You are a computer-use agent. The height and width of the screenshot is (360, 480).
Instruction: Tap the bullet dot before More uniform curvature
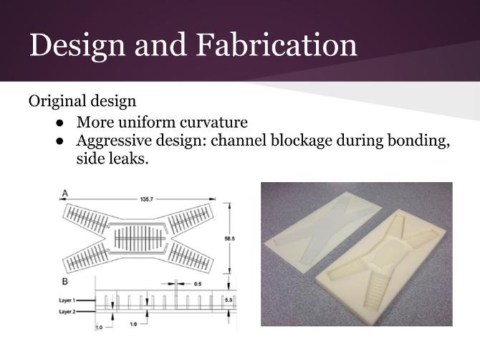[61, 123]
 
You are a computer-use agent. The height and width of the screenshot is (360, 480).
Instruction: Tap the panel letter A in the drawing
[65, 192]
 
